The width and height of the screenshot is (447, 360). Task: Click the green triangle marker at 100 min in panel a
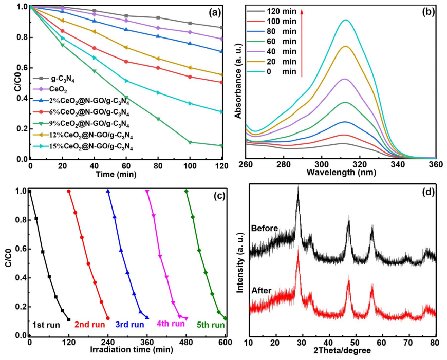[190, 142]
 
